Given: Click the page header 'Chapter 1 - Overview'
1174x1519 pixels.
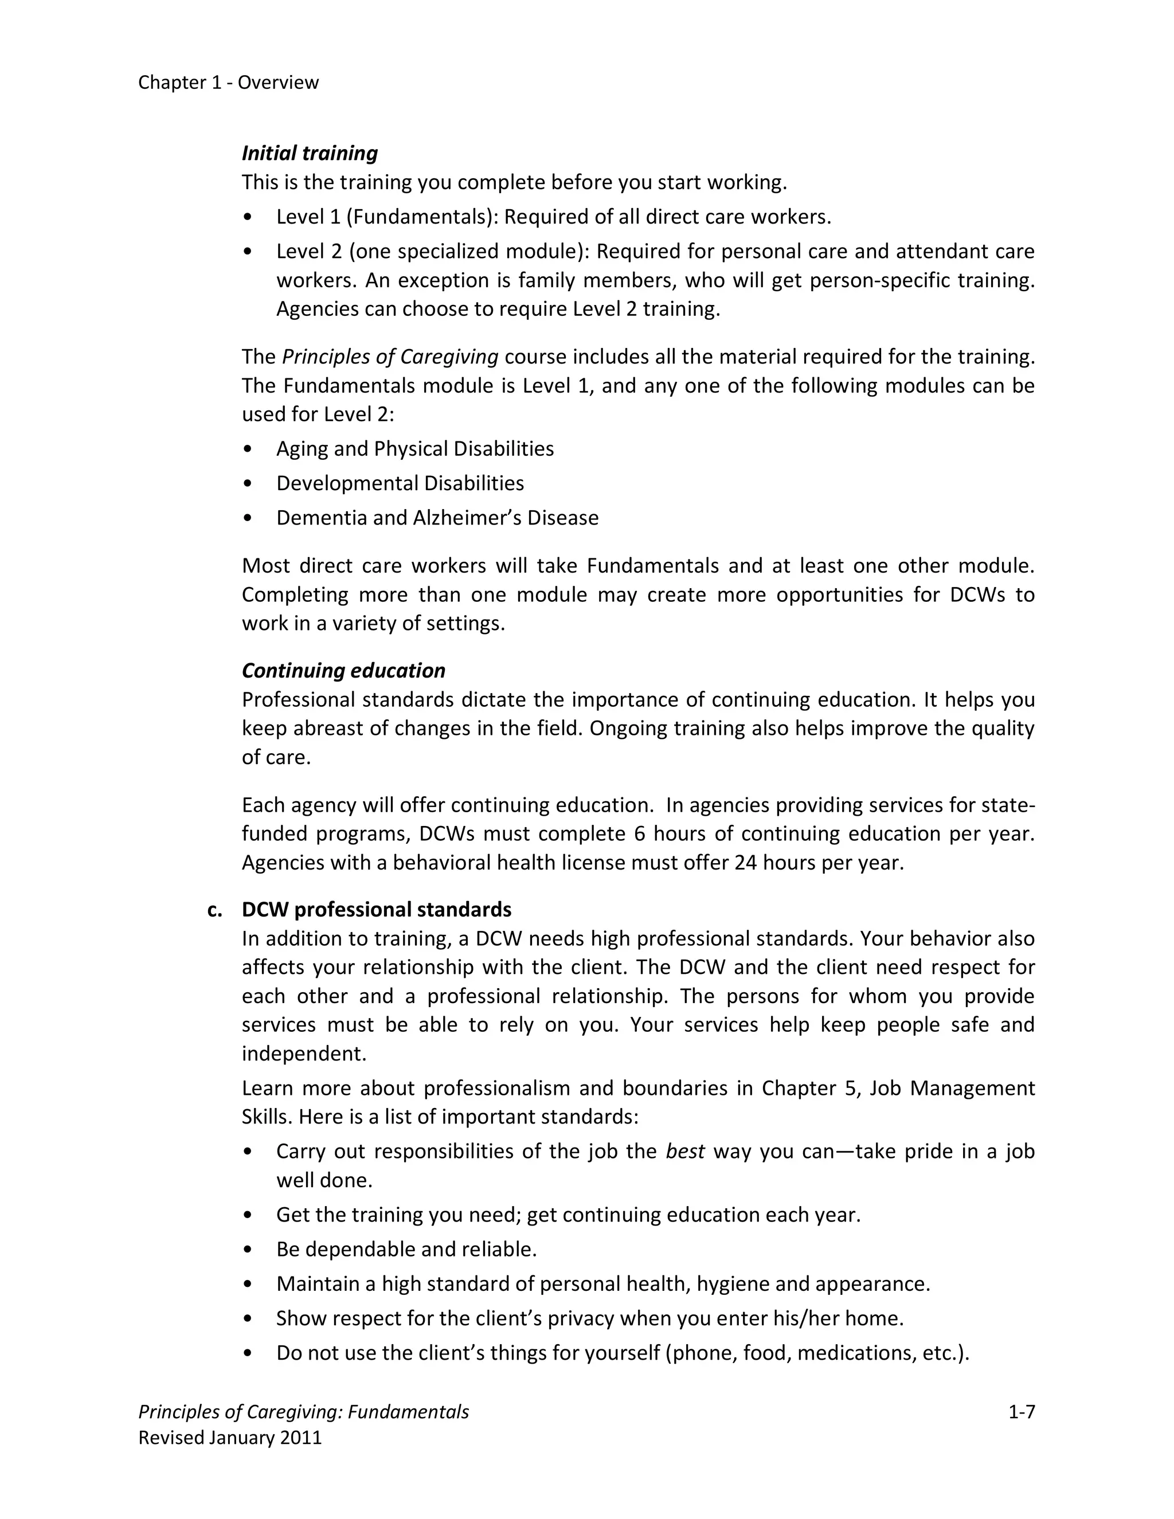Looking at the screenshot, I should point(228,83).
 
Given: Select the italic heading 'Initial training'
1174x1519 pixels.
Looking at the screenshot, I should point(310,153).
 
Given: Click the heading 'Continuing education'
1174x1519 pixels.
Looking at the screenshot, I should point(343,671).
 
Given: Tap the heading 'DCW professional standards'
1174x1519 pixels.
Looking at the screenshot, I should point(376,910).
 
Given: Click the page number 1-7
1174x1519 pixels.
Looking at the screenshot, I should point(1021,1412).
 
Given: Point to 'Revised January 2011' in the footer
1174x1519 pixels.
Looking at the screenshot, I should point(230,1438).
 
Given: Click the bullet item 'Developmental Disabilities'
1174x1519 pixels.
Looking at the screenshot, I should point(400,483).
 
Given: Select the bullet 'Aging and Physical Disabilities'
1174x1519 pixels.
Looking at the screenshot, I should point(414,449).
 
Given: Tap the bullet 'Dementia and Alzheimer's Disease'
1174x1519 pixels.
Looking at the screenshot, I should point(437,518).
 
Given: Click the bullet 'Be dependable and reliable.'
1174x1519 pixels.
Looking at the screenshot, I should point(406,1250).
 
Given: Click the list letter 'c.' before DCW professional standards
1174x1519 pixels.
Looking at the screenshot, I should point(215,910).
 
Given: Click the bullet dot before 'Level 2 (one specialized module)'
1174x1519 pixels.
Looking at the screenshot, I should point(248,251).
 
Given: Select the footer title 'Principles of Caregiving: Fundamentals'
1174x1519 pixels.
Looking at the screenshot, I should point(303,1412).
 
